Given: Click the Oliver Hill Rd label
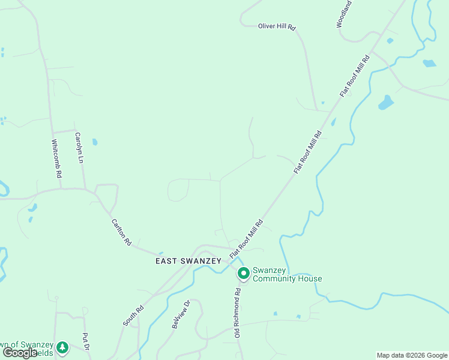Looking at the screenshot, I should pos(277,27).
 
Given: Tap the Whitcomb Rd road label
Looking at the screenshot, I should pos(56,158).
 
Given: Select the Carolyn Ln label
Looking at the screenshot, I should pos(79,148).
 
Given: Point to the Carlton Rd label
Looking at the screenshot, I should pos(121,232).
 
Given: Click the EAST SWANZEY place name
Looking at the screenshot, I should pos(188,261).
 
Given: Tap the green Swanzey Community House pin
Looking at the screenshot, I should pos(244,274).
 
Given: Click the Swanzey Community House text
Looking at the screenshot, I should pos(287,274).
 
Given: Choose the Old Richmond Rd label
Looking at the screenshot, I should pos(238,313).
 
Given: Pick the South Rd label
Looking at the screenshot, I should pos(134,316).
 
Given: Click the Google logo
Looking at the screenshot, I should pos(20,353).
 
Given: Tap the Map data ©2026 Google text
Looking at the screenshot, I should pos(412,355).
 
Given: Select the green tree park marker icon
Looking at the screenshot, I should pos(62,347).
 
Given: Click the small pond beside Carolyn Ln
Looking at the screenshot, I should pos(95,142).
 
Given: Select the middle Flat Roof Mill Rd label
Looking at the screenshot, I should pos(309,152).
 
